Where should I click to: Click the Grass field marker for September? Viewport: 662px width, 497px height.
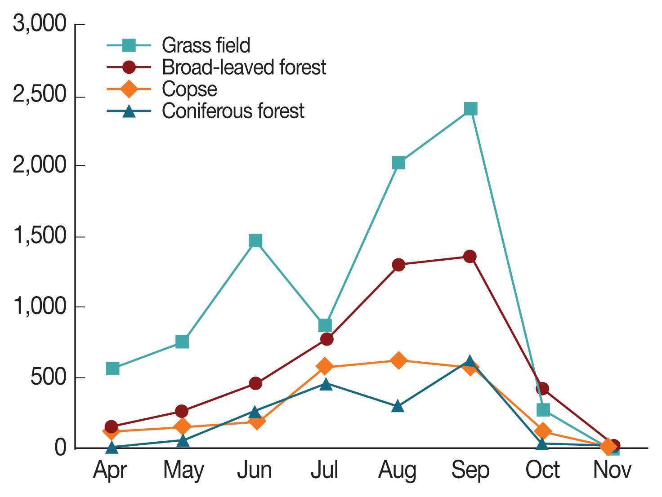point(470,109)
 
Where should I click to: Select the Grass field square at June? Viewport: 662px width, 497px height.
point(255,241)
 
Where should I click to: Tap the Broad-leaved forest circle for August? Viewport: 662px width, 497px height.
point(398,265)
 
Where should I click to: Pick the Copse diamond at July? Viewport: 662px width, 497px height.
point(325,366)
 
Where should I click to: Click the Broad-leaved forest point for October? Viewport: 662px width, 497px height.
point(542,388)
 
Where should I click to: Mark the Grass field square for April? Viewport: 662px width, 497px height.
point(112,368)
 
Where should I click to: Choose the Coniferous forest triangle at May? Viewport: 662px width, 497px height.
point(183,440)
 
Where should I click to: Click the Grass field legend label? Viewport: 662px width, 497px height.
point(206,45)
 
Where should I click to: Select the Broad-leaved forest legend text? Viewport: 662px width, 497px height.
point(244,67)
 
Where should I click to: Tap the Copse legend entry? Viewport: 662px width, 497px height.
point(189,89)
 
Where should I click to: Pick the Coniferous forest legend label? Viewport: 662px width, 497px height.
point(233,111)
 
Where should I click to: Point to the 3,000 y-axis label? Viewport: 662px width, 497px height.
point(40,24)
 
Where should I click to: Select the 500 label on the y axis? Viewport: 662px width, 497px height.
point(49,377)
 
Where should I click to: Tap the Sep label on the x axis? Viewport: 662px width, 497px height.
point(470,470)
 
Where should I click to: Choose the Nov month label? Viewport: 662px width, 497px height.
point(612,470)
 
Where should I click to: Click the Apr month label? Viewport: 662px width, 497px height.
point(110,471)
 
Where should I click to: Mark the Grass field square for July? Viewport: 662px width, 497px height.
point(325,325)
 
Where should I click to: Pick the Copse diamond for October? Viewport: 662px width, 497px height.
point(543,431)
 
